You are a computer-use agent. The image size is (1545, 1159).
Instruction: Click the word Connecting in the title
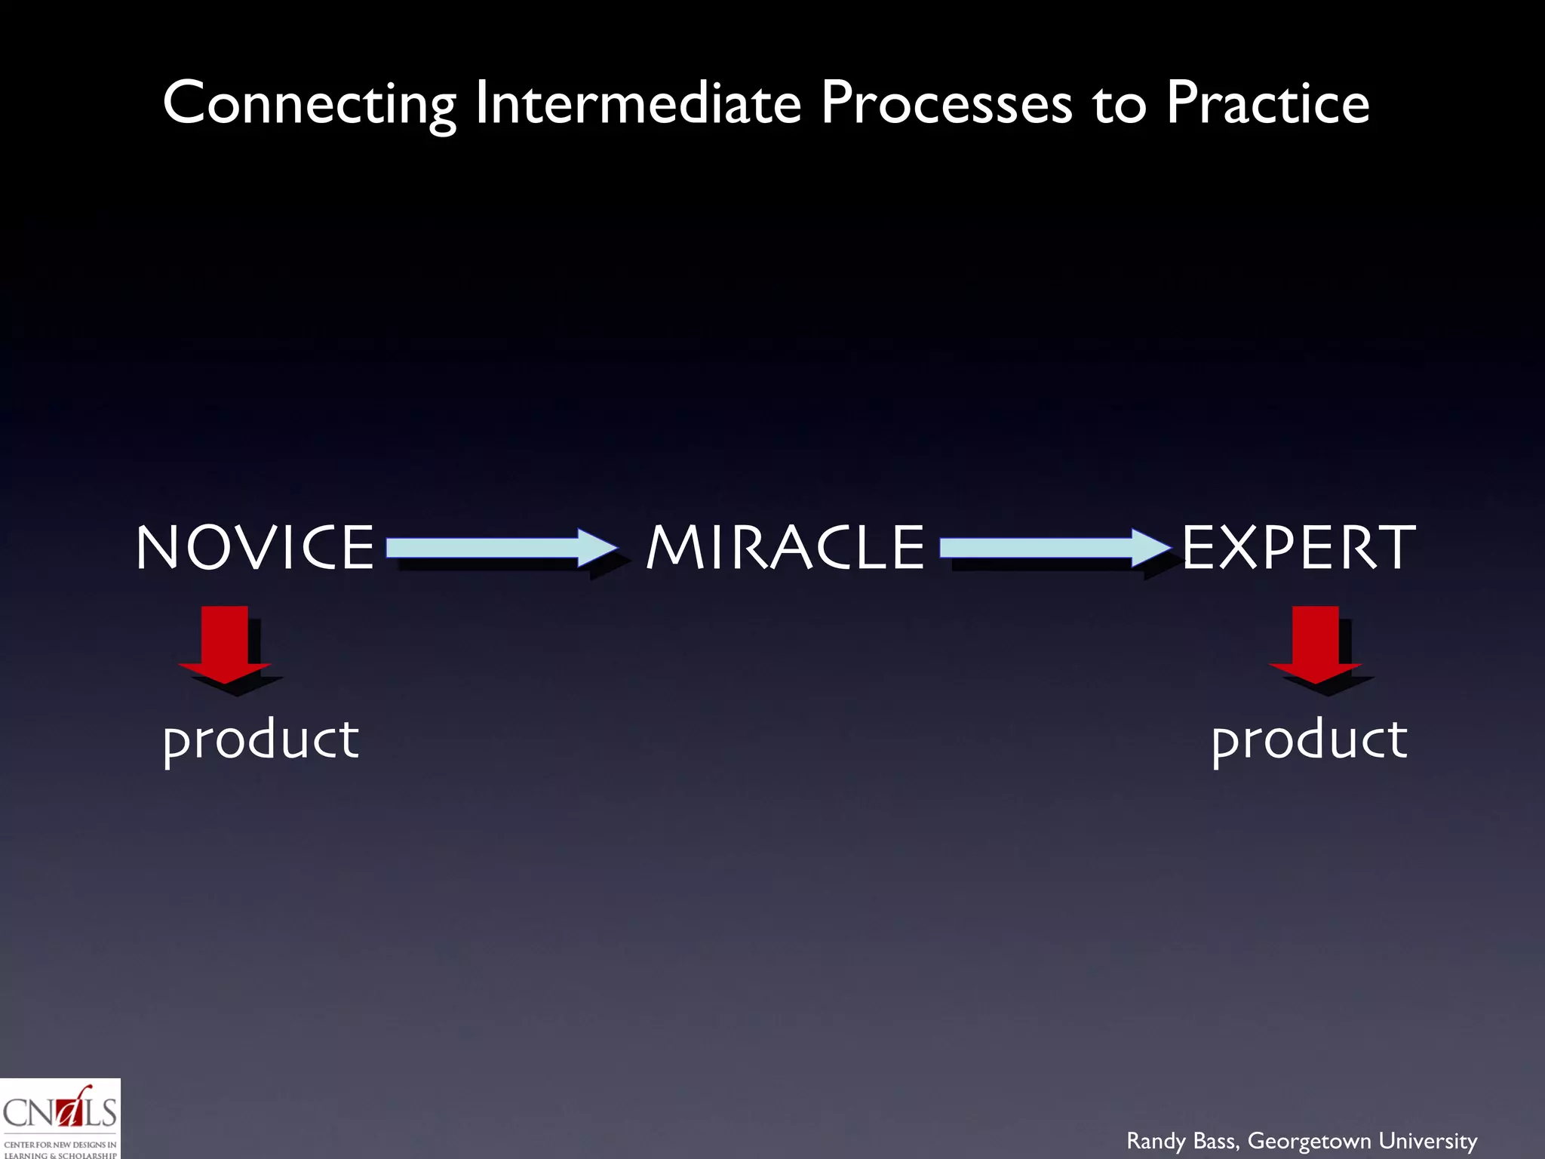pos(309,103)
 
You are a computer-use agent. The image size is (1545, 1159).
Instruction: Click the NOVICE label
pos(255,547)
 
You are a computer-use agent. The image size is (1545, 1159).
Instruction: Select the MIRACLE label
pos(785,547)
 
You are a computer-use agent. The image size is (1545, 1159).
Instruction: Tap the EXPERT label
pos(1298,547)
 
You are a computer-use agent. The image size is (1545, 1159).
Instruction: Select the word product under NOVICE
pos(261,739)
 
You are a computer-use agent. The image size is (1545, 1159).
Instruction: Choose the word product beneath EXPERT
pos(1309,739)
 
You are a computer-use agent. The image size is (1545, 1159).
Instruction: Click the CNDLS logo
pos(60,1119)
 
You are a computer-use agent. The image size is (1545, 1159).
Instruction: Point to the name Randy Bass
pos(1182,1141)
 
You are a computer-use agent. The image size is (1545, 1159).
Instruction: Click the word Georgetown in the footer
pos(1310,1141)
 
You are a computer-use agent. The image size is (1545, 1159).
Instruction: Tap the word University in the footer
pos(1428,1141)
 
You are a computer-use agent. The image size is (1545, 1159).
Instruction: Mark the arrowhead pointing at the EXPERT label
pos(1150,547)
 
